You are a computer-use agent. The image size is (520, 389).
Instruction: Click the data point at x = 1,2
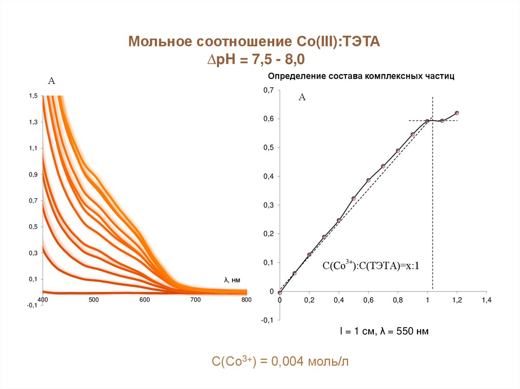point(457,113)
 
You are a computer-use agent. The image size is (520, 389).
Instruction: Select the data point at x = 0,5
point(353,198)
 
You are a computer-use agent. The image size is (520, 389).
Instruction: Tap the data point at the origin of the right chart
point(279,293)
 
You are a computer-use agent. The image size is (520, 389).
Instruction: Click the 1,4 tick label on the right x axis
point(486,301)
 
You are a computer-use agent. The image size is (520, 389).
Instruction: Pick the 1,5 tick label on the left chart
point(34,96)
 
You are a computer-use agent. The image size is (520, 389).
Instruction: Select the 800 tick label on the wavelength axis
point(246,300)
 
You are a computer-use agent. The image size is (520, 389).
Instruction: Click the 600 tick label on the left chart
point(145,300)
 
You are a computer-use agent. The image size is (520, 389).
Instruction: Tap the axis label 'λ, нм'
point(232,279)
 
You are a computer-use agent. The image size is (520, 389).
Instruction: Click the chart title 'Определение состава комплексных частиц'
point(361,76)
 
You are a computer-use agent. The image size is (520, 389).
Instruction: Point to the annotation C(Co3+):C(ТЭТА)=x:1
point(371,265)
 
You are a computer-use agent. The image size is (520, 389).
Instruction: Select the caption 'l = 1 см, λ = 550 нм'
point(384,332)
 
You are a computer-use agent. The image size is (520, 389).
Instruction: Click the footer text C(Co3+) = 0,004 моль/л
point(281,361)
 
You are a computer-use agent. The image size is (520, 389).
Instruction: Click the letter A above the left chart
point(51,80)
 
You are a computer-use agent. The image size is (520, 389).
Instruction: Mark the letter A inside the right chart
point(302,97)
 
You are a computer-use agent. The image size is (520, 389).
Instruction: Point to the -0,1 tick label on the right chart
point(267,321)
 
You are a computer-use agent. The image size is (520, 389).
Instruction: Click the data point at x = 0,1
point(295,273)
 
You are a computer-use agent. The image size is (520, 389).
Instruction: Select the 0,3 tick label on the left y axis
point(34,253)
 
